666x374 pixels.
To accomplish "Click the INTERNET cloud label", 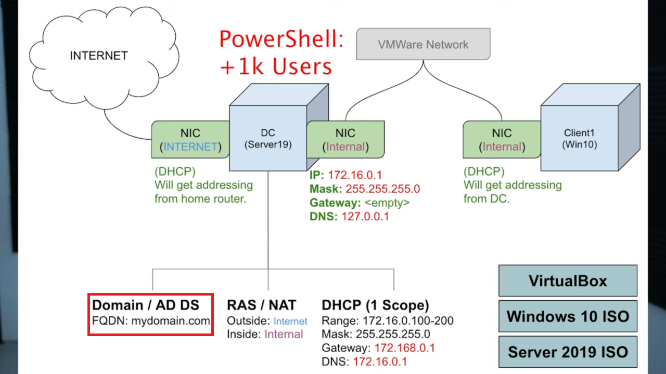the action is coord(99,56).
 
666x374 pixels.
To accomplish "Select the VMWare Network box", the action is coord(423,44).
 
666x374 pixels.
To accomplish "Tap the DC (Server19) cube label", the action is coord(268,139).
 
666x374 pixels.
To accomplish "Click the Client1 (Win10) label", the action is coord(580,139).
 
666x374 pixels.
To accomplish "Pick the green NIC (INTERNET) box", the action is coord(190,140).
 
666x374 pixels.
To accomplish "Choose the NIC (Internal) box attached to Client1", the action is coord(502,140).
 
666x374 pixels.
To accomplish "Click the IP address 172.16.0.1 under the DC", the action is coord(355,175).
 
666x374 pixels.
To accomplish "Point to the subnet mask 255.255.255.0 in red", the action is coord(382,189).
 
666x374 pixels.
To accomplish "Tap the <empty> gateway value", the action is coord(387,203).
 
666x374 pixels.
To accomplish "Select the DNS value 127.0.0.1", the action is coord(365,217).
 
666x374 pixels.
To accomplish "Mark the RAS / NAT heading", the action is coord(261,305).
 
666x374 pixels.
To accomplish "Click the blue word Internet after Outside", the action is coord(290,321).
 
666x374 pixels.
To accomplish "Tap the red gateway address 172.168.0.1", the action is coord(405,348).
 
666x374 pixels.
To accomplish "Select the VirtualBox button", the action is coord(568,280).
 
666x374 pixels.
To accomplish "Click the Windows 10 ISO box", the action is coord(568,316).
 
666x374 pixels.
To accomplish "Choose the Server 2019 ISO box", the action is coord(568,352).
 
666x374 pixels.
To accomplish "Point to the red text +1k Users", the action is coord(276,66).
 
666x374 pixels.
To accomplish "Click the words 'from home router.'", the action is coord(200,198).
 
